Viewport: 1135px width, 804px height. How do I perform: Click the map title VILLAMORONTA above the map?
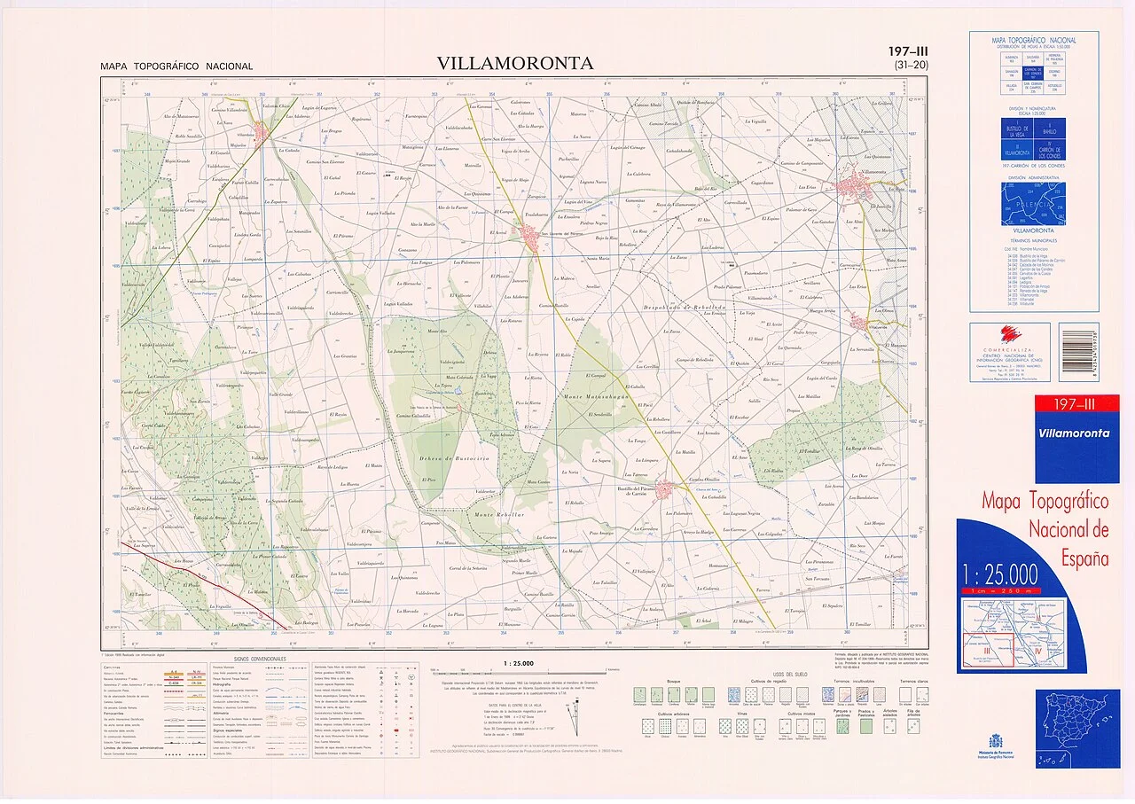(x=515, y=63)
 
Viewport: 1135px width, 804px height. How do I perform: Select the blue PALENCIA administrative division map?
(x=1033, y=204)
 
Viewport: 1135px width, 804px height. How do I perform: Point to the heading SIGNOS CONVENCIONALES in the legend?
(x=260, y=659)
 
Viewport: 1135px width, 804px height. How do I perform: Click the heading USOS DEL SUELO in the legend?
(x=787, y=675)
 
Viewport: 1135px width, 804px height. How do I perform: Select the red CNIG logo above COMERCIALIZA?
(x=1010, y=335)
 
